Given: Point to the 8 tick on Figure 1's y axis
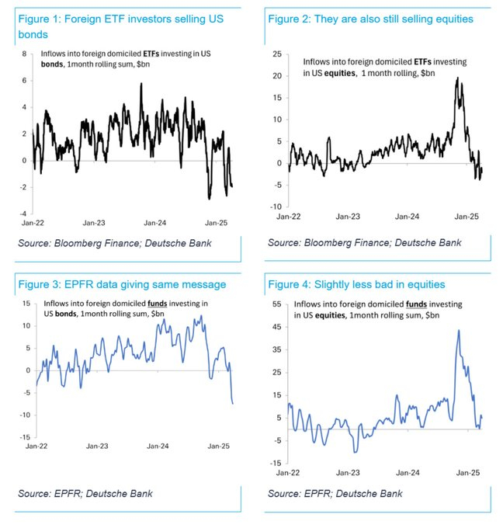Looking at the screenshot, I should click(24, 54).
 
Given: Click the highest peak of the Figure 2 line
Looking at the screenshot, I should click(458, 78).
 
